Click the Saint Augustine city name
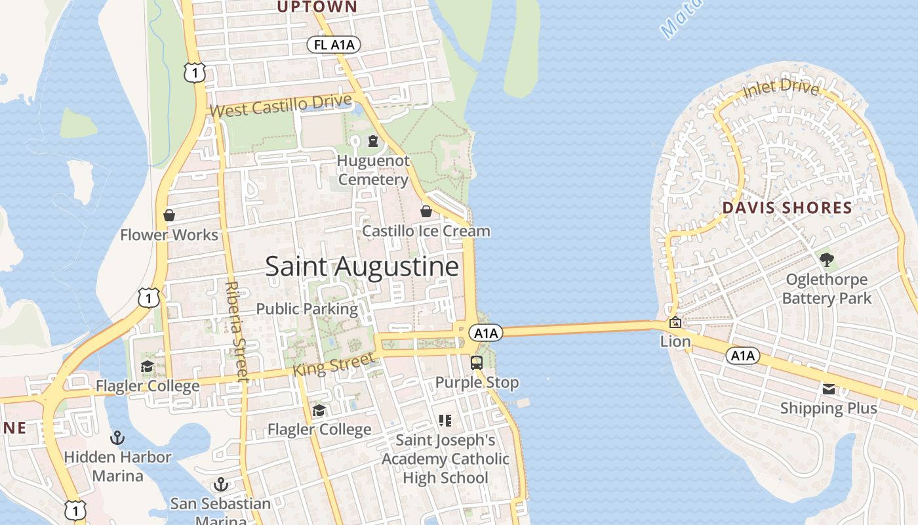(361, 266)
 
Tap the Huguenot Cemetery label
(373, 170)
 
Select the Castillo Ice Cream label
(426, 231)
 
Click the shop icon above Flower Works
(169, 215)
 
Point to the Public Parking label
(307, 308)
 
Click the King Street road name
(333, 365)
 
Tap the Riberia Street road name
(234, 331)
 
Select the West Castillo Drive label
(281, 106)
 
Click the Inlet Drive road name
(781, 89)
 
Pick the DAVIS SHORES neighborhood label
(787, 209)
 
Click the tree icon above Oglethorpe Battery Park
(827, 259)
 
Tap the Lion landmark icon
(675, 322)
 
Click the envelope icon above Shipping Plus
(829, 389)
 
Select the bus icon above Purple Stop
(477, 362)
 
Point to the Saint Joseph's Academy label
(445, 459)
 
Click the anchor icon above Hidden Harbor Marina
(117, 438)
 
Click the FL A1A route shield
(334, 45)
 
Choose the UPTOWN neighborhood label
(317, 7)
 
